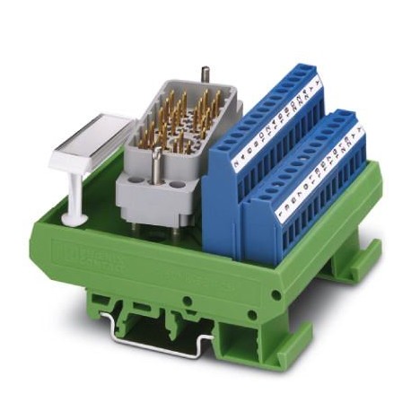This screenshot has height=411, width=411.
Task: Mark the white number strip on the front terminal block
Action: coord(319,171)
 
